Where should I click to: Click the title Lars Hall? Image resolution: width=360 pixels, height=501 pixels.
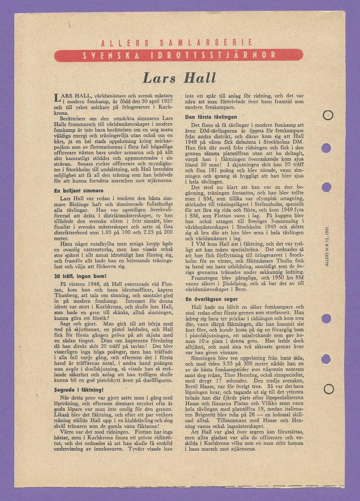(179, 77)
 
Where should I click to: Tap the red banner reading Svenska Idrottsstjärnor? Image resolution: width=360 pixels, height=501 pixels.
(179, 55)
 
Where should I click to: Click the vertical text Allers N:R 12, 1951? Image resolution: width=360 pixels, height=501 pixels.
(327, 245)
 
